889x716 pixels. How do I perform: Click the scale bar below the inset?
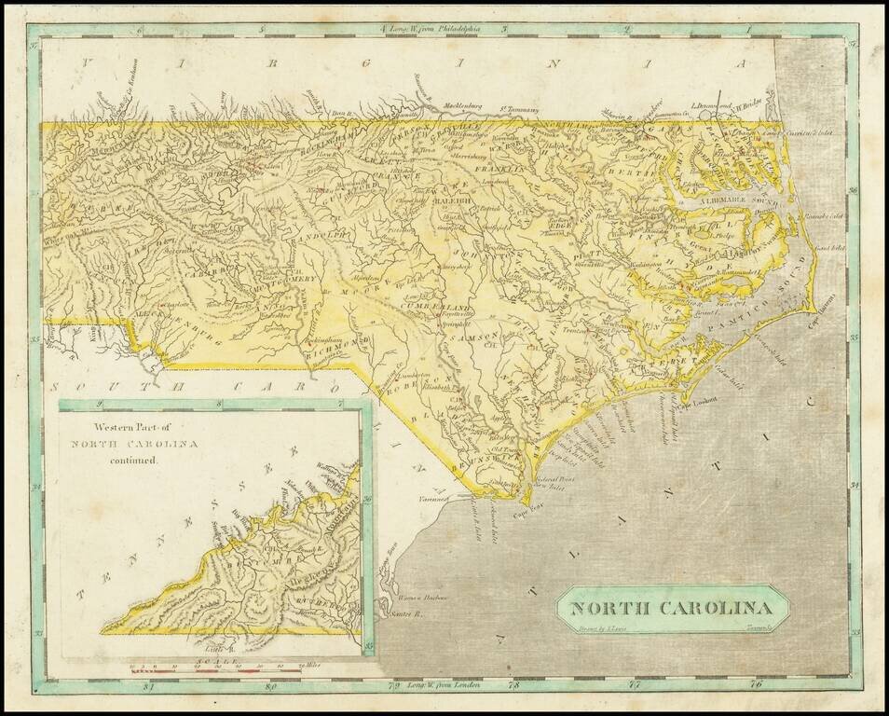pos(215,667)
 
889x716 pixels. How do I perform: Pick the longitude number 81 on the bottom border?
pos(147,688)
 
